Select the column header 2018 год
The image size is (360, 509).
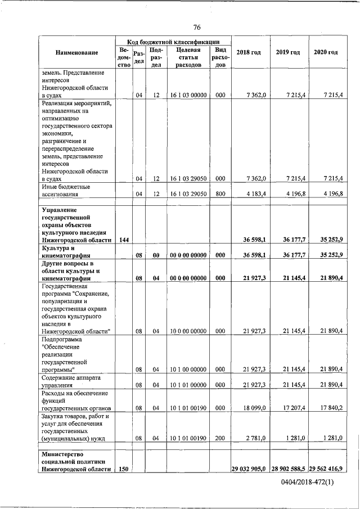click(x=249, y=52)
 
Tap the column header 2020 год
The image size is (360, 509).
click(x=326, y=52)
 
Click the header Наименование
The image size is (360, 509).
click(x=77, y=52)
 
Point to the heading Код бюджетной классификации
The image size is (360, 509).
click(x=172, y=42)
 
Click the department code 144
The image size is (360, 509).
click(x=124, y=240)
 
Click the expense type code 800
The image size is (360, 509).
click(x=220, y=194)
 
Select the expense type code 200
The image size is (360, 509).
click(x=220, y=438)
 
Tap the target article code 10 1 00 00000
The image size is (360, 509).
click(x=188, y=369)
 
